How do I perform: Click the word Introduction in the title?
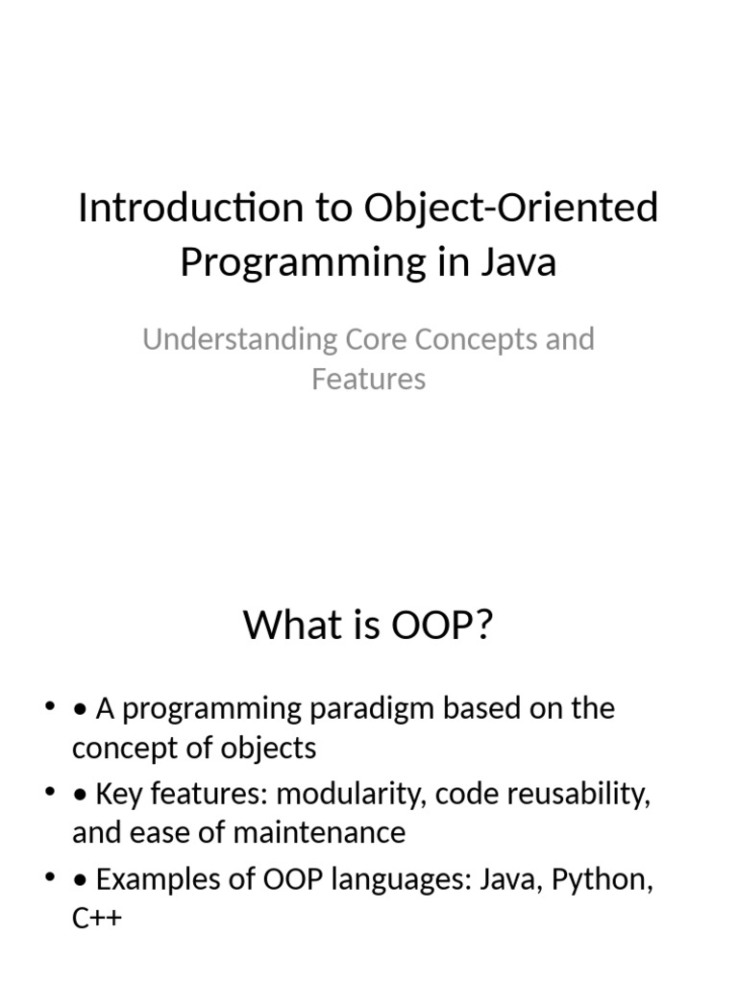click(191, 208)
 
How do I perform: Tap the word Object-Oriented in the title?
click(511, 208)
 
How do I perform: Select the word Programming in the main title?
click(303, 262)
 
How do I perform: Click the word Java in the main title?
click(519, 262)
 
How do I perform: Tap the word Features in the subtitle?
click(368, 379)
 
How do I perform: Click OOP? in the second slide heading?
click(442, 625)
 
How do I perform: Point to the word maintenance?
click(319, 833)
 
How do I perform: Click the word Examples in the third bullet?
click(158, 880)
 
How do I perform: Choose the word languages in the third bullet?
click(401, 880)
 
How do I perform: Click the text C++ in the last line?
click(97, 919)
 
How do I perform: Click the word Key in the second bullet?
click(118, 795)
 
